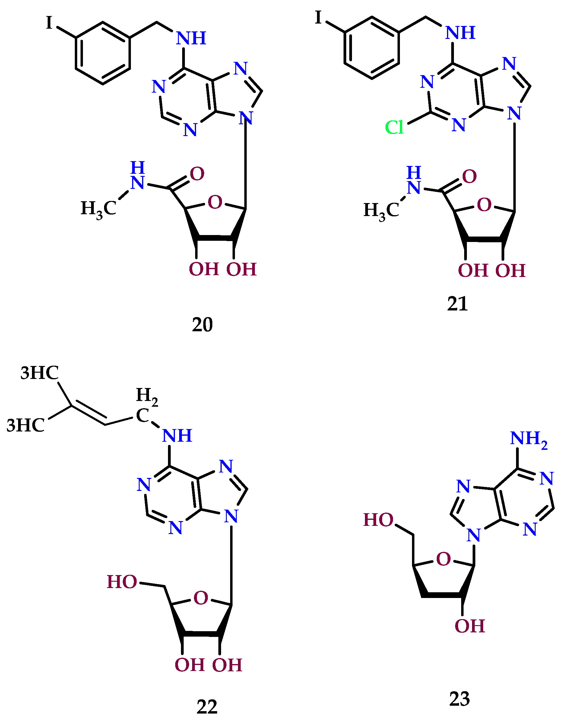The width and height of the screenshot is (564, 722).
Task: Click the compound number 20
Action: (x=202, y=325)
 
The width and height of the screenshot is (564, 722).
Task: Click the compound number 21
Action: (x=458, y=304)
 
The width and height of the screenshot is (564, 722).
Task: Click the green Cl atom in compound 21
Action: (x=394, y=127)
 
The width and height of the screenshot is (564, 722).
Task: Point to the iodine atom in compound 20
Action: (x=49, y=23)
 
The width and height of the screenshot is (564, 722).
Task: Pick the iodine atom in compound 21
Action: (x=318, y=17)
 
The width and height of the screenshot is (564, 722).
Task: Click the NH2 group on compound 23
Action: (x=529, y=439)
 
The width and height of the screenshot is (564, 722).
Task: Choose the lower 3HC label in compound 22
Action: (x=25, y=425)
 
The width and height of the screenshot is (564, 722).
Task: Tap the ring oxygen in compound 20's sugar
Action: (x=215, y=202)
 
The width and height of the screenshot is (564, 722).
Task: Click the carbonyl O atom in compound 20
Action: (x=197, y=174)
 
